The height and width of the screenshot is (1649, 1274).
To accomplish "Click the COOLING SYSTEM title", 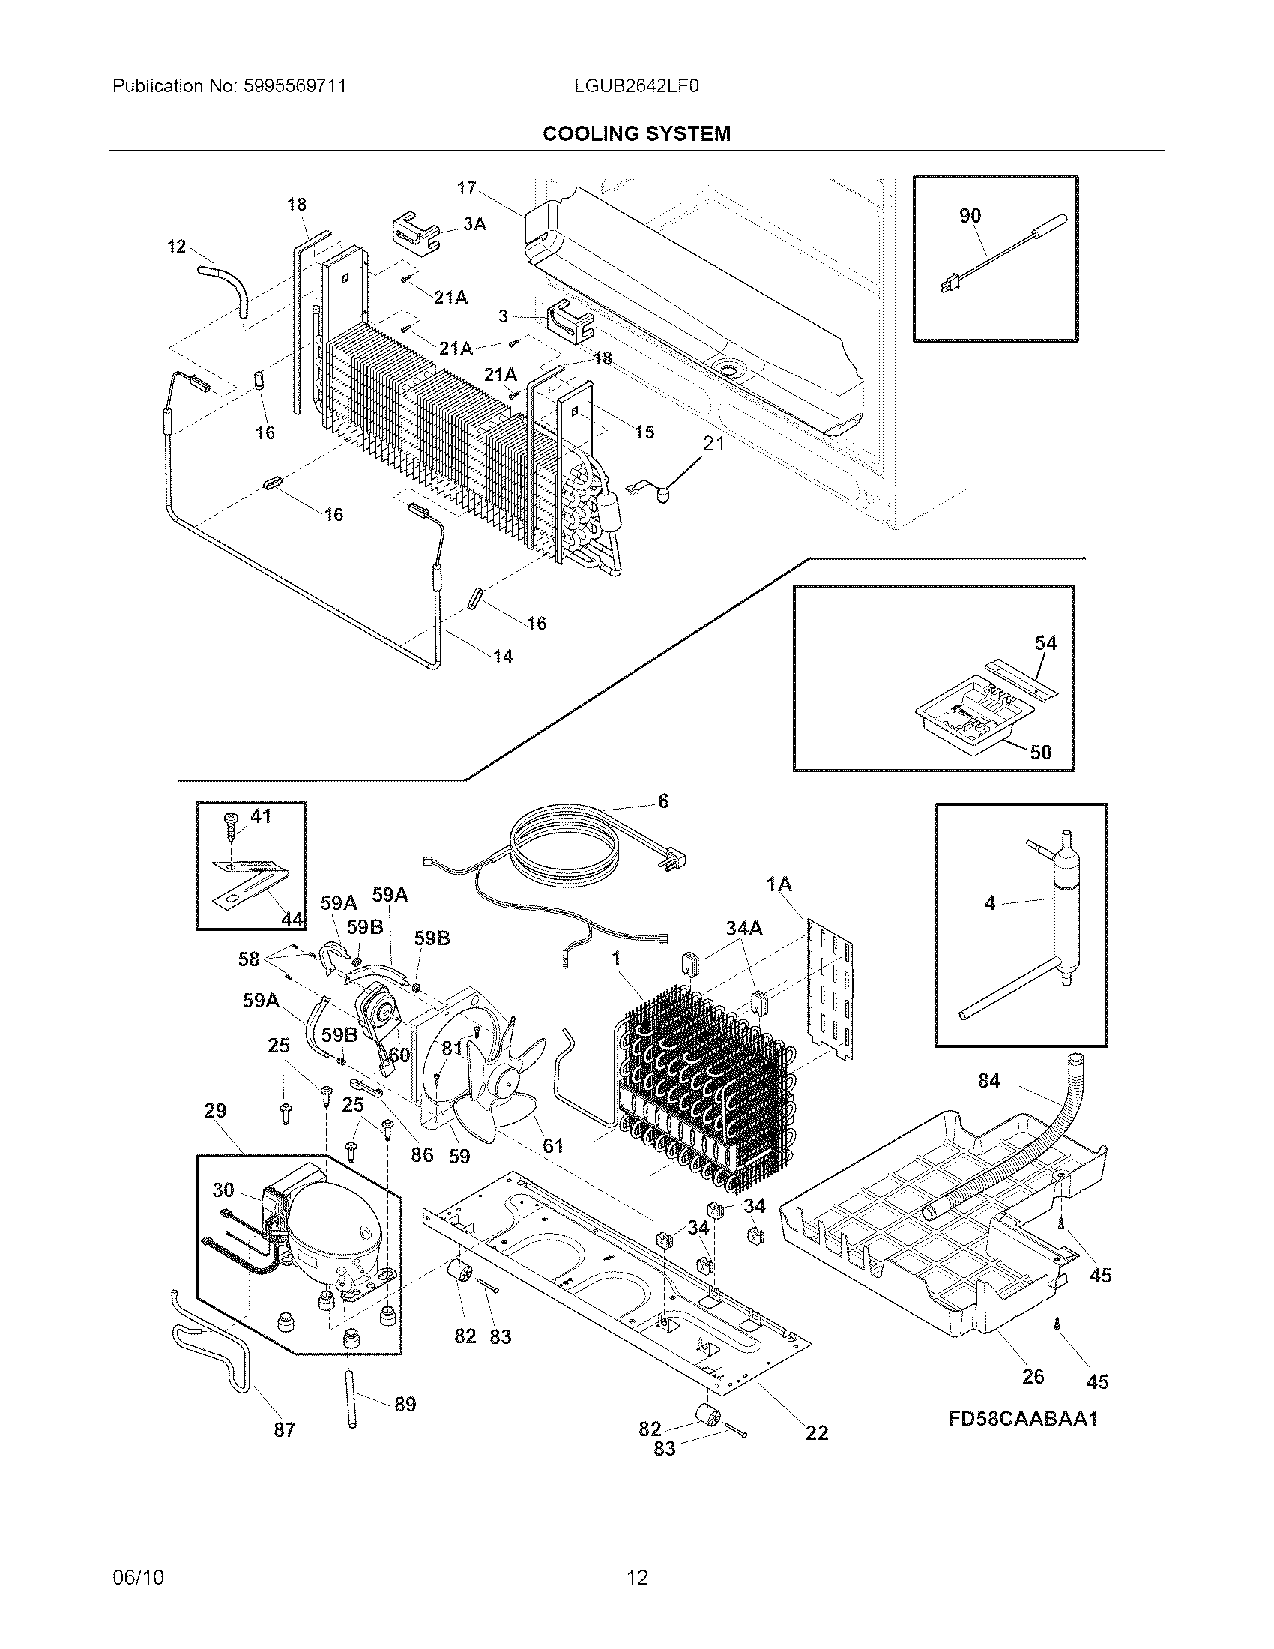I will tap(636, 133).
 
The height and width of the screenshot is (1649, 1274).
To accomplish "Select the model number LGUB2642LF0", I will tap(636, 86).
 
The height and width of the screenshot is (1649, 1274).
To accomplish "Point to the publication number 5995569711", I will tap(295, 86).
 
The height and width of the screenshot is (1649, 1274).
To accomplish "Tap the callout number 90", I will tap(970, 215).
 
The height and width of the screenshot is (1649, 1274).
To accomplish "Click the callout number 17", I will tap(466, 188).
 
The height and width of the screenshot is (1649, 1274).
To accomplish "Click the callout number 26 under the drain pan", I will tap(1033, 1375).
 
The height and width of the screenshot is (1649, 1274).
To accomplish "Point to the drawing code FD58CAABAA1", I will tap(1023, 1419).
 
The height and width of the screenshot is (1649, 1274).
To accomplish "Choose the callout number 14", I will tap(503, 656).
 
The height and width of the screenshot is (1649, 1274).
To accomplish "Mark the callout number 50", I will tap(1040, 752).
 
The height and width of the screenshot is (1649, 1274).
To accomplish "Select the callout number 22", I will tap(817, 1432).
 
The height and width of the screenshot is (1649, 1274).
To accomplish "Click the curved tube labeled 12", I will tap(226, 283).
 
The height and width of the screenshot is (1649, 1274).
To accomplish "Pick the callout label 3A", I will tap(474, 223).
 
